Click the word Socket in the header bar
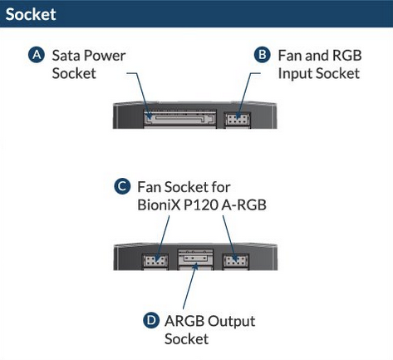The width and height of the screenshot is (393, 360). tap(31, 14)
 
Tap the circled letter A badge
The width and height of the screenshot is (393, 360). tap(37, 55)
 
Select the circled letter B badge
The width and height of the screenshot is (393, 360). tap(262, 55)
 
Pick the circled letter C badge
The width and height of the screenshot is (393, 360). tap(122, 186)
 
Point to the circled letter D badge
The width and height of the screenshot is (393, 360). tap(151, 320)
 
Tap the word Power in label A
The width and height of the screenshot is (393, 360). tap(105, 56)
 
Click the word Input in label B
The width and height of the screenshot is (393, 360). tap(295, 74)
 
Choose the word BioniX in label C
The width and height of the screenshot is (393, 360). tap(159, 205)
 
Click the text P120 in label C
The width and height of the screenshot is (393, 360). tap(201, 205)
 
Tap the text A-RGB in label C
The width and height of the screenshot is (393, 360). tap(244, 205)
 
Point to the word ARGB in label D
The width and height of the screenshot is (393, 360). tap(184, 321)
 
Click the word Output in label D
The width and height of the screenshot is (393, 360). tap(232, 322)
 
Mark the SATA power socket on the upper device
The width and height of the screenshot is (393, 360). tap(179, 119)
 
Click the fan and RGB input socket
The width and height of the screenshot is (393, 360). tap(238, 120)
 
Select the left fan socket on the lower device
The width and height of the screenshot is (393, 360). tap(155, 261)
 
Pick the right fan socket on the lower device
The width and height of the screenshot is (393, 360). tap(236, 261)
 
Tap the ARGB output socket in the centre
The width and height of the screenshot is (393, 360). tap(195, 259)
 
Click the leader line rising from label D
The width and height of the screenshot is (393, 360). tap(190, 286)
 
